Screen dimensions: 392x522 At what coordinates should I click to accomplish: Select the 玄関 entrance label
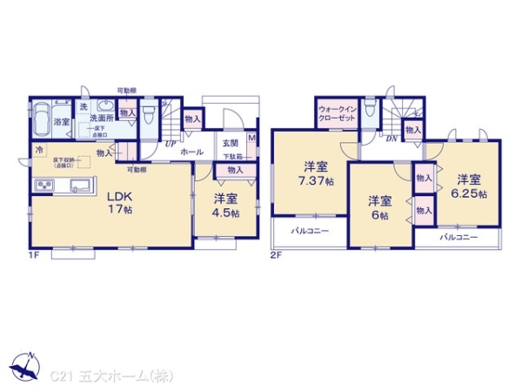[230, 144]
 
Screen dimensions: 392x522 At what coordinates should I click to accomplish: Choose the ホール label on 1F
[191, 152]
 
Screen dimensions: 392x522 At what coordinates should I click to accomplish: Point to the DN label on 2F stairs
[391, 139]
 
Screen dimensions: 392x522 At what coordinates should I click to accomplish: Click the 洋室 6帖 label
[379, 207]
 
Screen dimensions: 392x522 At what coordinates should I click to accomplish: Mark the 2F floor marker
[276, 256]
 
